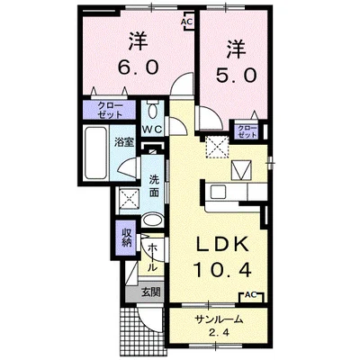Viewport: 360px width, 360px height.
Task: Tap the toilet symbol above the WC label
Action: [x=153, y=111]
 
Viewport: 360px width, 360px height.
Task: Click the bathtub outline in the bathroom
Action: [x=94, y=155]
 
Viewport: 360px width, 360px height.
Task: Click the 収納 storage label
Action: [x=128, y=238]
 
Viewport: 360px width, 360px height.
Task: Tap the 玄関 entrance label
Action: [x=151, y=292]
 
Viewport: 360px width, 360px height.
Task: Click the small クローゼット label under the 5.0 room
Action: [x=246, y=131]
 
